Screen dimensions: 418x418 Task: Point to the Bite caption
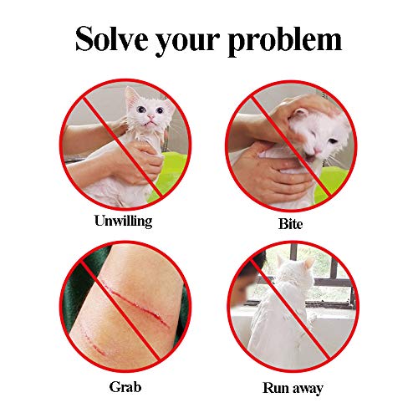(289, 224)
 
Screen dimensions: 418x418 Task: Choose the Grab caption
(125, 387)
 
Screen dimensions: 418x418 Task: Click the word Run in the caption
(273, 388)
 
